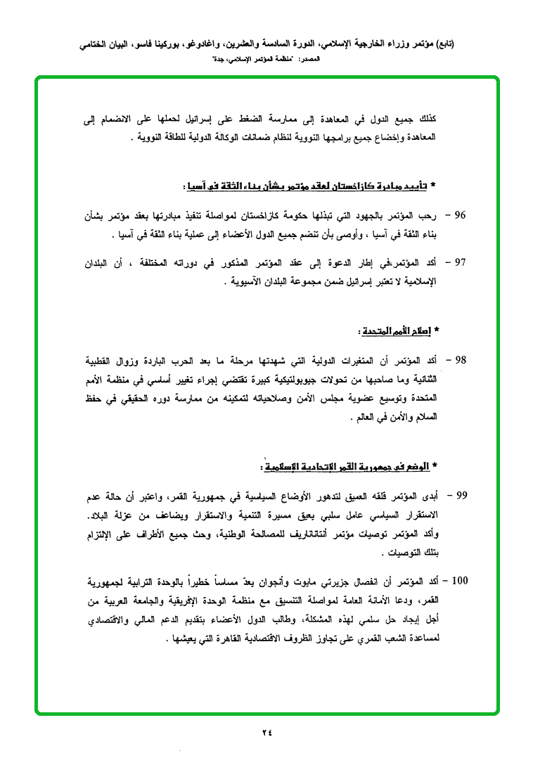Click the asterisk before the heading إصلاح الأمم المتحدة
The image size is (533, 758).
click(437, 329)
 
